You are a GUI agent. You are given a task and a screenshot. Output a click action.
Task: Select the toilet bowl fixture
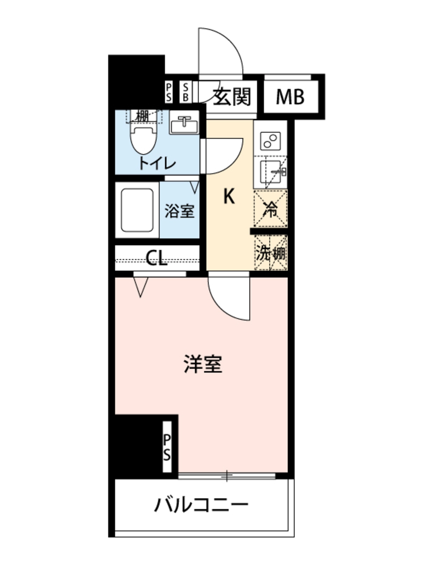pos(143,140)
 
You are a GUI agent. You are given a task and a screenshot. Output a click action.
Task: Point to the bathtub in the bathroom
pos(137,210)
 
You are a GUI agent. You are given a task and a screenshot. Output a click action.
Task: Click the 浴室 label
pos(179,211)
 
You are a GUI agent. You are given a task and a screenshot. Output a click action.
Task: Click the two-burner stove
pos(270,141)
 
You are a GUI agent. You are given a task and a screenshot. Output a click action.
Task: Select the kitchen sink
pos(270,172)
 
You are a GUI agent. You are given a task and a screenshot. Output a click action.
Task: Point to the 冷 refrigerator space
pos(270,209)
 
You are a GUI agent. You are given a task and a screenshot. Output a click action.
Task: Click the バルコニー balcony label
pos(201,505)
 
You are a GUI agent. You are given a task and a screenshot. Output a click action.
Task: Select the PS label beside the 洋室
pos(167,447)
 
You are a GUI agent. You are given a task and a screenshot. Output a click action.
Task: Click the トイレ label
pos(157,163)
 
